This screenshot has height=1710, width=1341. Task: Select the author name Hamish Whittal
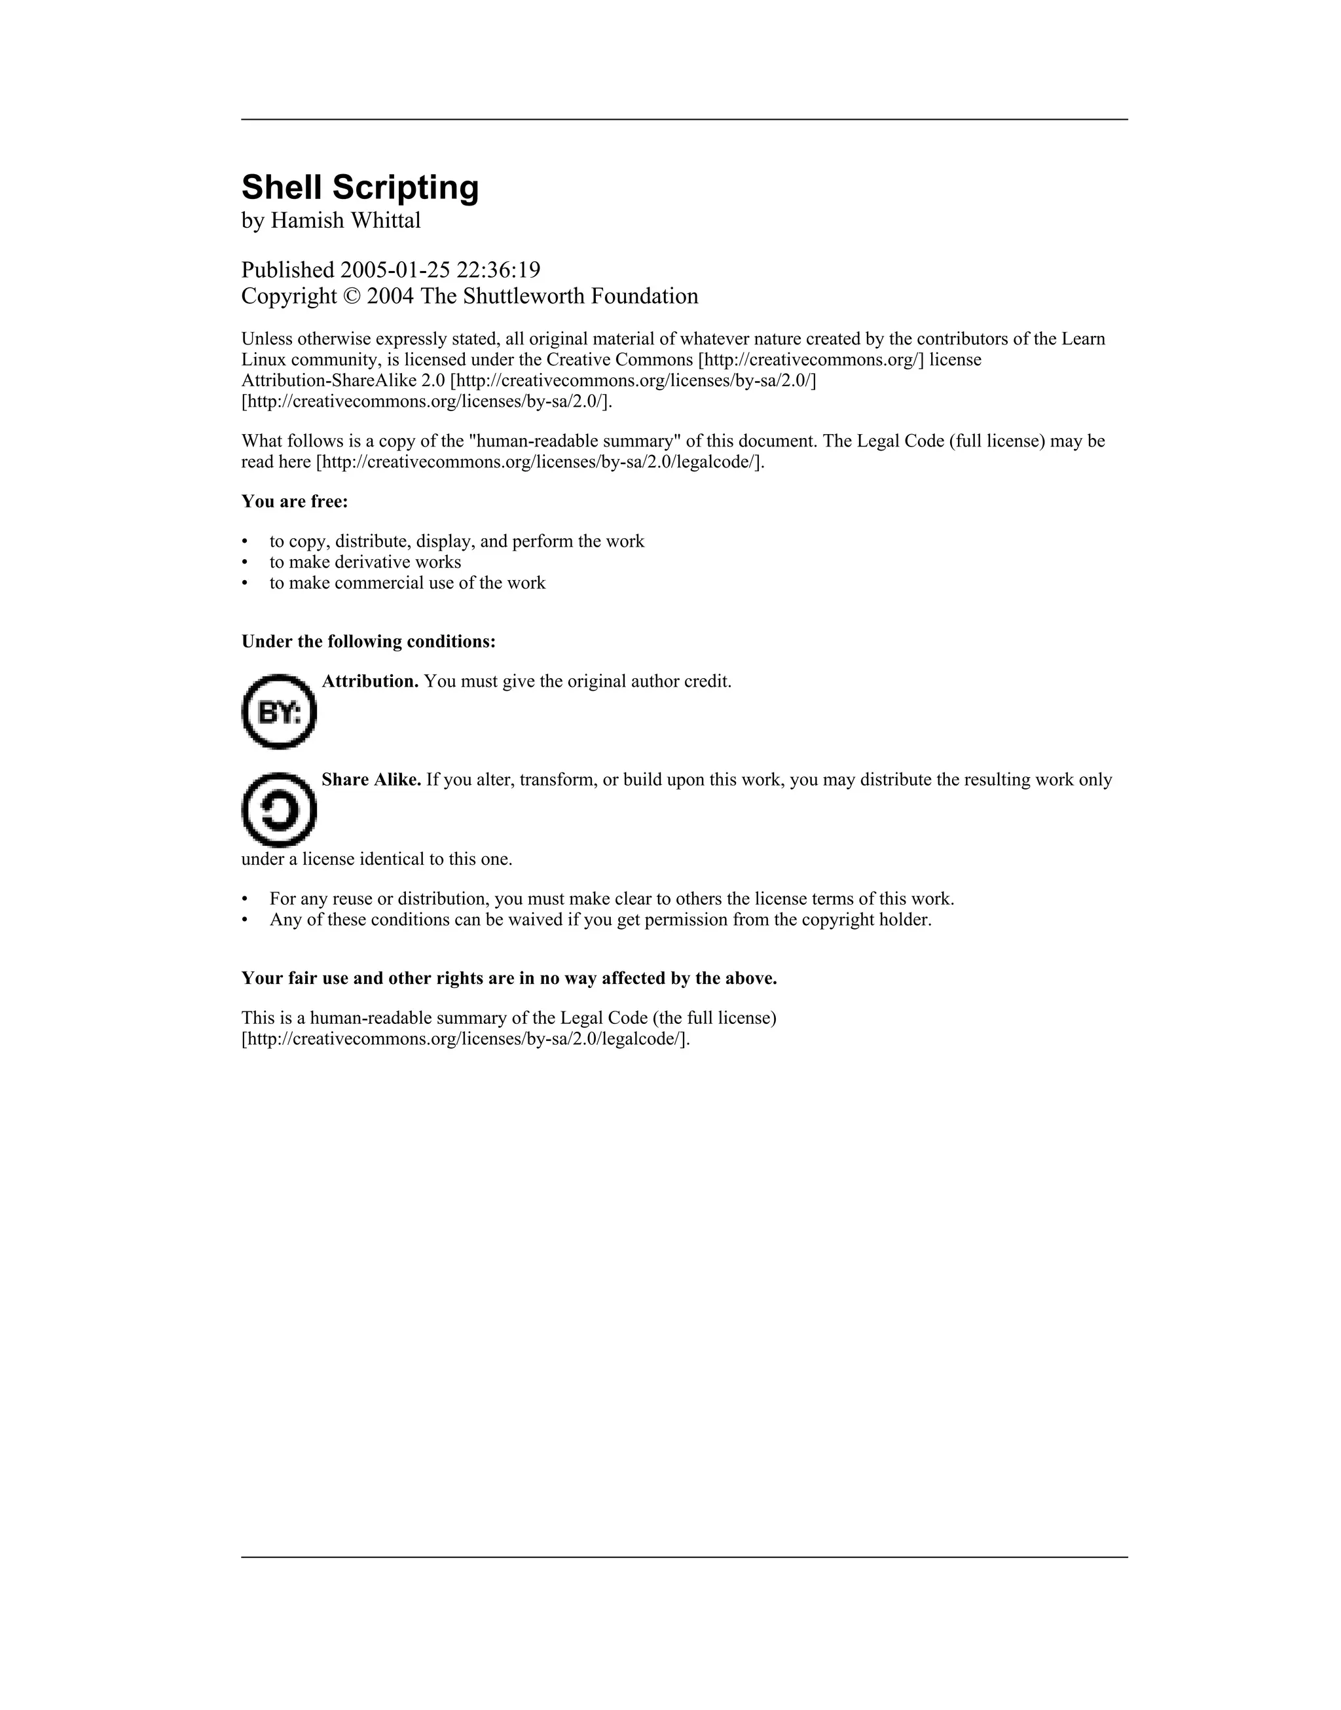click(346, 221)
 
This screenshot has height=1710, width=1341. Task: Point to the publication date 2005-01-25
click(395, 271)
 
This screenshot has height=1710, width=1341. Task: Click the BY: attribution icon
click(279, 712)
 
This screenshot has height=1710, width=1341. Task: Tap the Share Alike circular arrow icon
click(279, 810)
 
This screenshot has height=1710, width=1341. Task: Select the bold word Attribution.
click(370, 681)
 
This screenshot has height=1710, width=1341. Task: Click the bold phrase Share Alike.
click(371, 780)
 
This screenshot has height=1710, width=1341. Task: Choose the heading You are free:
click(295, 501)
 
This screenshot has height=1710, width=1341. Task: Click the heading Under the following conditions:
click(368, 642)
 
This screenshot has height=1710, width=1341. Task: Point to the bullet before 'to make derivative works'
click(245, 562)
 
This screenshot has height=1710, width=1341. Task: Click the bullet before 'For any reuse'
click(245, 900)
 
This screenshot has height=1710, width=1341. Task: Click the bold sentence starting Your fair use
click(509, 979)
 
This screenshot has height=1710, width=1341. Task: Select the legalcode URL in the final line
click(466, 1039)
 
